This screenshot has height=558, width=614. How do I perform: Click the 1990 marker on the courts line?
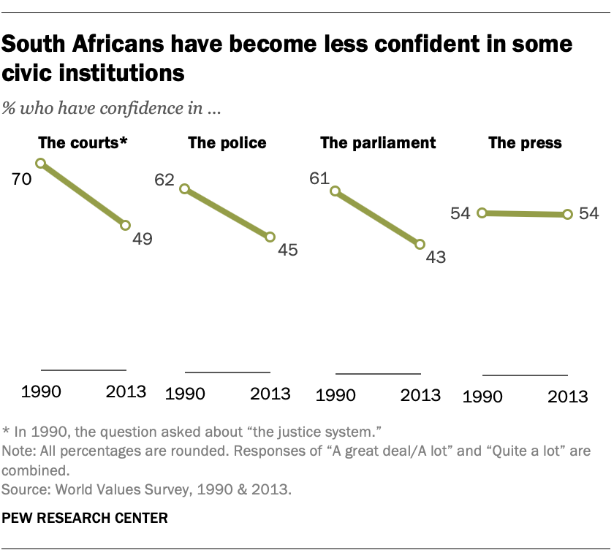(x=41, y=164)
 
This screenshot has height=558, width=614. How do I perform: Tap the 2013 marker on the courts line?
(x=126, y=226)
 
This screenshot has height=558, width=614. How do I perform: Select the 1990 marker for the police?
(x=184, y=188)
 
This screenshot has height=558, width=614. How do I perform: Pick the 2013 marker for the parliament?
(x=420, y=245)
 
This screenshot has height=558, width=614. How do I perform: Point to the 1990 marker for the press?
(x=482, y=213)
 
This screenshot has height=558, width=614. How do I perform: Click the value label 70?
(x=21, y=178)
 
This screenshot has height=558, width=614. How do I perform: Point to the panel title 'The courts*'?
(x=83, y=142)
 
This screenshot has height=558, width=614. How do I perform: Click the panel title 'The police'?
(x=227, y=142)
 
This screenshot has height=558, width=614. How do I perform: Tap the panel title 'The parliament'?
(x=378, y=142)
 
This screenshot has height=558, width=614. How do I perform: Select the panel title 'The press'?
(x=525, y=142)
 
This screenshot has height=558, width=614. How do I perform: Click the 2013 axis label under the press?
(x=567, y=397)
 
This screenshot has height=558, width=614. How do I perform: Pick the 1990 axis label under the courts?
(x=42, y=391)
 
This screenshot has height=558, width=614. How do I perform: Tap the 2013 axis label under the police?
(x=271, y=394)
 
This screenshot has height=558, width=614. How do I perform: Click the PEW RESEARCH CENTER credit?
(x=86, y=518)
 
